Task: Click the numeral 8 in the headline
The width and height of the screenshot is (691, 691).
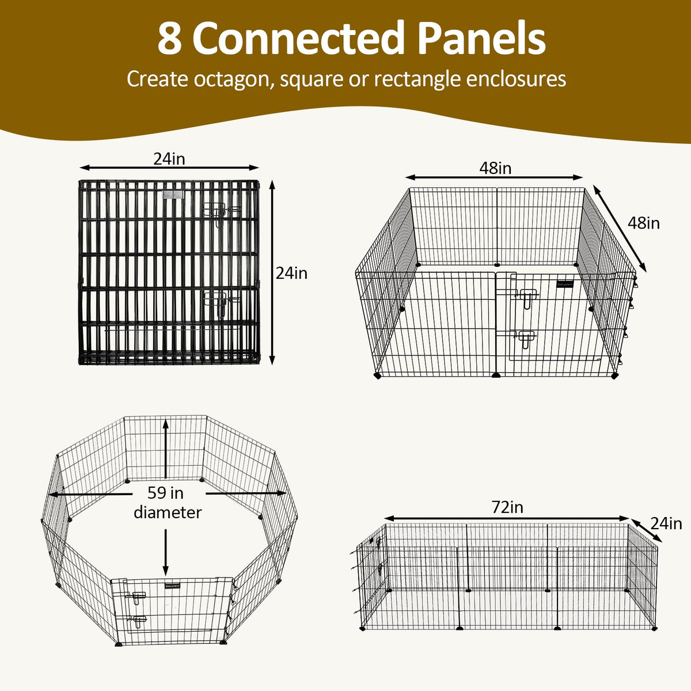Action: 169,38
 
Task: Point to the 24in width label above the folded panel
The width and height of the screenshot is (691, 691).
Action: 169,159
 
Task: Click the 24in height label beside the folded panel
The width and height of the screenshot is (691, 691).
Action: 291,274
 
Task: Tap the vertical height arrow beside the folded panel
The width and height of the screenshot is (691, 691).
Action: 272,272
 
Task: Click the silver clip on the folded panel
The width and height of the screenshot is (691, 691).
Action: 173,195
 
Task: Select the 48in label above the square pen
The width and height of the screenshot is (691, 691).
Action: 495,168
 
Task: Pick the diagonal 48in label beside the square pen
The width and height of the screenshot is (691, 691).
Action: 644,223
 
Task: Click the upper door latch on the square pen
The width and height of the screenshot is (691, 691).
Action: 526,298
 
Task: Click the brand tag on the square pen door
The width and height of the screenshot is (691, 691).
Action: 565,284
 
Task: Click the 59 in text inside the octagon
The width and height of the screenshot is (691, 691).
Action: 165,493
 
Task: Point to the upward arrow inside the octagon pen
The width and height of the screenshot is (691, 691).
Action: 165,449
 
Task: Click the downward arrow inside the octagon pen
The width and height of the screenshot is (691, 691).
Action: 165,552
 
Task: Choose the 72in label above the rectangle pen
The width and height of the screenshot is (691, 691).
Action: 507,507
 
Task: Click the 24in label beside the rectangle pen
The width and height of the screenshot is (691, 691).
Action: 666,524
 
